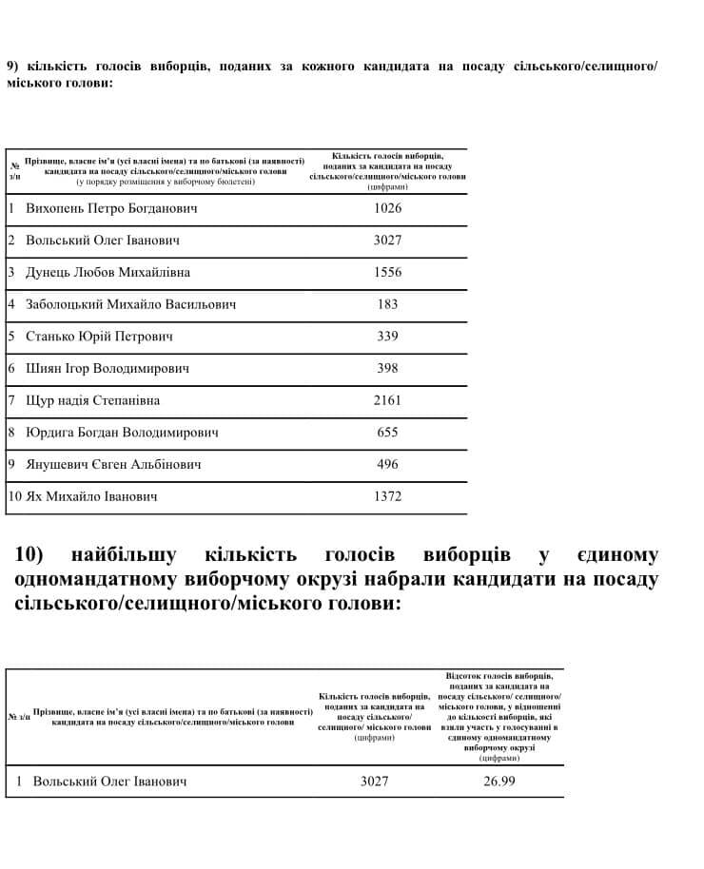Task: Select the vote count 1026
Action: tap(387, 208)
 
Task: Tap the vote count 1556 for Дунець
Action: tap(387, 272)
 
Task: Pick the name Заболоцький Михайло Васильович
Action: tap(131, 304)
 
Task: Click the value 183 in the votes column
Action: tap(387, 304)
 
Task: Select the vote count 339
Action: tap(387, 337)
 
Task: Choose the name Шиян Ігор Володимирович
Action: tap(108, 368)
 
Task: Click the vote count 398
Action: tap(387, 368)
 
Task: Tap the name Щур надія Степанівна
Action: tap(93, 400)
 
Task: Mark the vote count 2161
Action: tap(387, 400)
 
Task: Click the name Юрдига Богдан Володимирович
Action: tap(122, 433)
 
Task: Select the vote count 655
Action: tap(387, 433)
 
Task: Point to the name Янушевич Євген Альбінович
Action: tap(113, 465)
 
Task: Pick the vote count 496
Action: tap(387, 465)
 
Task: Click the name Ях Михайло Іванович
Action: tap(91, 496)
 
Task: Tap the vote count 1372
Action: tap(387, 496)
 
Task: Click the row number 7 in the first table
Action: tap(11, 400)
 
